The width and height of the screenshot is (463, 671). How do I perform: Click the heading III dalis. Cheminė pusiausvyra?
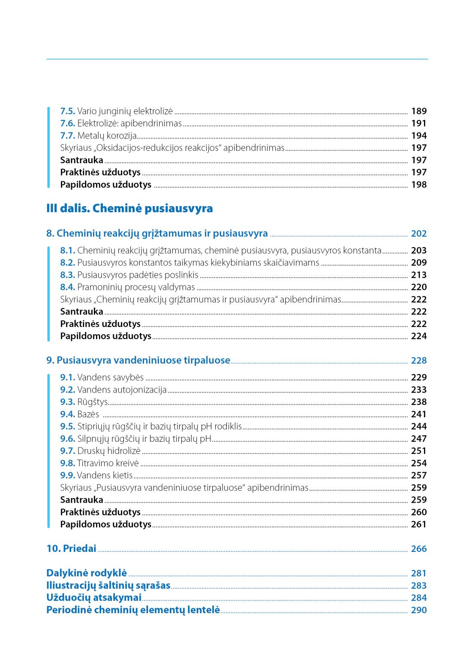click(x=129, y=209)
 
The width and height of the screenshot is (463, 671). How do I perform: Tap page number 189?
click(x=419, y=111)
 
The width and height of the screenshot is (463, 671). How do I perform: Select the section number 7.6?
click(x=68, y=123)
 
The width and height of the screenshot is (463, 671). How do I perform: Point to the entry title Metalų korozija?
click(x=107, y=136)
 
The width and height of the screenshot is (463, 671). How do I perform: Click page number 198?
click(x=419, y=185)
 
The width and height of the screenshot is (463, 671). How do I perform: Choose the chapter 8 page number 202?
click(x=419, y=234)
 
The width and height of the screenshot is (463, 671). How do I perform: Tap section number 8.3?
click(x=68, y=275)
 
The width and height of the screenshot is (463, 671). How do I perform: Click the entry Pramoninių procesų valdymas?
click(x=136, y=287)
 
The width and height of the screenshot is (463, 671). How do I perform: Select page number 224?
click(x=419, y=336)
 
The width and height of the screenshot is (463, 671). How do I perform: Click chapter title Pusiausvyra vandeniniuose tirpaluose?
click(x=143, y=360)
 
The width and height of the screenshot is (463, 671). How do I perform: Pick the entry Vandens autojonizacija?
click(x=122, y=390)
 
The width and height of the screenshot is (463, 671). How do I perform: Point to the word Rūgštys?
click(x=93, y=402)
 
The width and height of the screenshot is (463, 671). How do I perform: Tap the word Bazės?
click(x=88, y=414)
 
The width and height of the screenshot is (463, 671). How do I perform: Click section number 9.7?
click(x=68, y=451)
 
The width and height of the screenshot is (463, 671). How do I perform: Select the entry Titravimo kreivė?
click(x=108, y=463)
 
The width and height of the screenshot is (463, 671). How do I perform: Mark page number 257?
click(x=419, y=475)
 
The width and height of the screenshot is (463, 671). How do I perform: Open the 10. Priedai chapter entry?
click(x=71, y=548)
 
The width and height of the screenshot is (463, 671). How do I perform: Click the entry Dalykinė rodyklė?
click(x=87, y=573)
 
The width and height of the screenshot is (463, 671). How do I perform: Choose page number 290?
click(x=419, y=610)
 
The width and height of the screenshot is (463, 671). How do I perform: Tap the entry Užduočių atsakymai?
click(x=94, y=598)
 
